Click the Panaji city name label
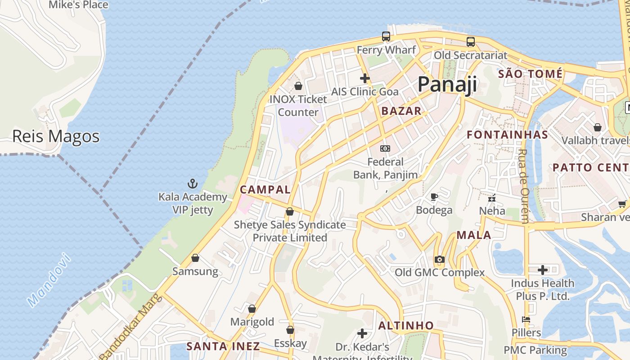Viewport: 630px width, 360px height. [447, 85]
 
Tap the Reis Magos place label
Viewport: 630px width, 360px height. [56, 136]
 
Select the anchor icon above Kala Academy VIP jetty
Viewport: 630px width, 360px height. [193, 184]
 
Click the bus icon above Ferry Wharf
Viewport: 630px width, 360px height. [386, 36]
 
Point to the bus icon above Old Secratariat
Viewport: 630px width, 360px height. [470, 42]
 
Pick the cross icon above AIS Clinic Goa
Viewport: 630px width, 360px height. [364, 78]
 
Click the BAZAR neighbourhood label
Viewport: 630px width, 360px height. [401, 111]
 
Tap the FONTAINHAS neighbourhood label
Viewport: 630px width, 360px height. [507, 135]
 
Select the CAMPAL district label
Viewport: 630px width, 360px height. [265, 189]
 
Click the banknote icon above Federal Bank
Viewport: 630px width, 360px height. [385, 148]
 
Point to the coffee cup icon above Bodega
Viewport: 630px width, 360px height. [434, 197]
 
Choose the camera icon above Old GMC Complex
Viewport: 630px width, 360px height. [440, 260]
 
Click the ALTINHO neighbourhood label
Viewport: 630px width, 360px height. [406, 325]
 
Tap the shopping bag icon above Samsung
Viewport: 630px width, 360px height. [195, 258]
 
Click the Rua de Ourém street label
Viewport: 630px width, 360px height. [524, 186]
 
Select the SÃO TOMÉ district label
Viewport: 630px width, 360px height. [530, 73]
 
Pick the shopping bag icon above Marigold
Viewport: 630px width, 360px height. [252, 309]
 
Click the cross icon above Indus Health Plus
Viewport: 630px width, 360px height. [543, 270]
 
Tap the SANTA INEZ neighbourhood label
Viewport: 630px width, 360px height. [223, 346]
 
